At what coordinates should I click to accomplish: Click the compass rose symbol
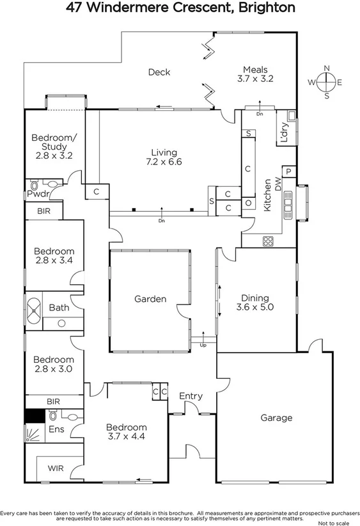click(327, 81)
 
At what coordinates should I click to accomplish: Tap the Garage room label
click(276, 418)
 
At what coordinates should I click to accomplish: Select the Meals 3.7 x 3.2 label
click(254, 75)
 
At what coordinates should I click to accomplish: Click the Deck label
click(159, 72)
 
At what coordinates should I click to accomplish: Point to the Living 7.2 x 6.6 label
click(164, 157)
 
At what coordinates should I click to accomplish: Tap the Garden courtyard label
click(150, 299)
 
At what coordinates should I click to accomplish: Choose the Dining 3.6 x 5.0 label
click(254, 303)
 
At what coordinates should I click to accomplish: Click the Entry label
click(191, 396)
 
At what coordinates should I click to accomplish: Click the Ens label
click(56, 430)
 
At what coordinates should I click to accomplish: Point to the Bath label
click(59, 308)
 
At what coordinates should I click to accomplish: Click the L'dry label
click(284, 132)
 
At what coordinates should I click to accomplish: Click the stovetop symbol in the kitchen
click(269, 241)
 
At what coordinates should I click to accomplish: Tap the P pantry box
click(288, 171)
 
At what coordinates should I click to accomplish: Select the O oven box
click(247, 202)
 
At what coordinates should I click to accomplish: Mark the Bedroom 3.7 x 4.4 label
click(126, 432)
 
